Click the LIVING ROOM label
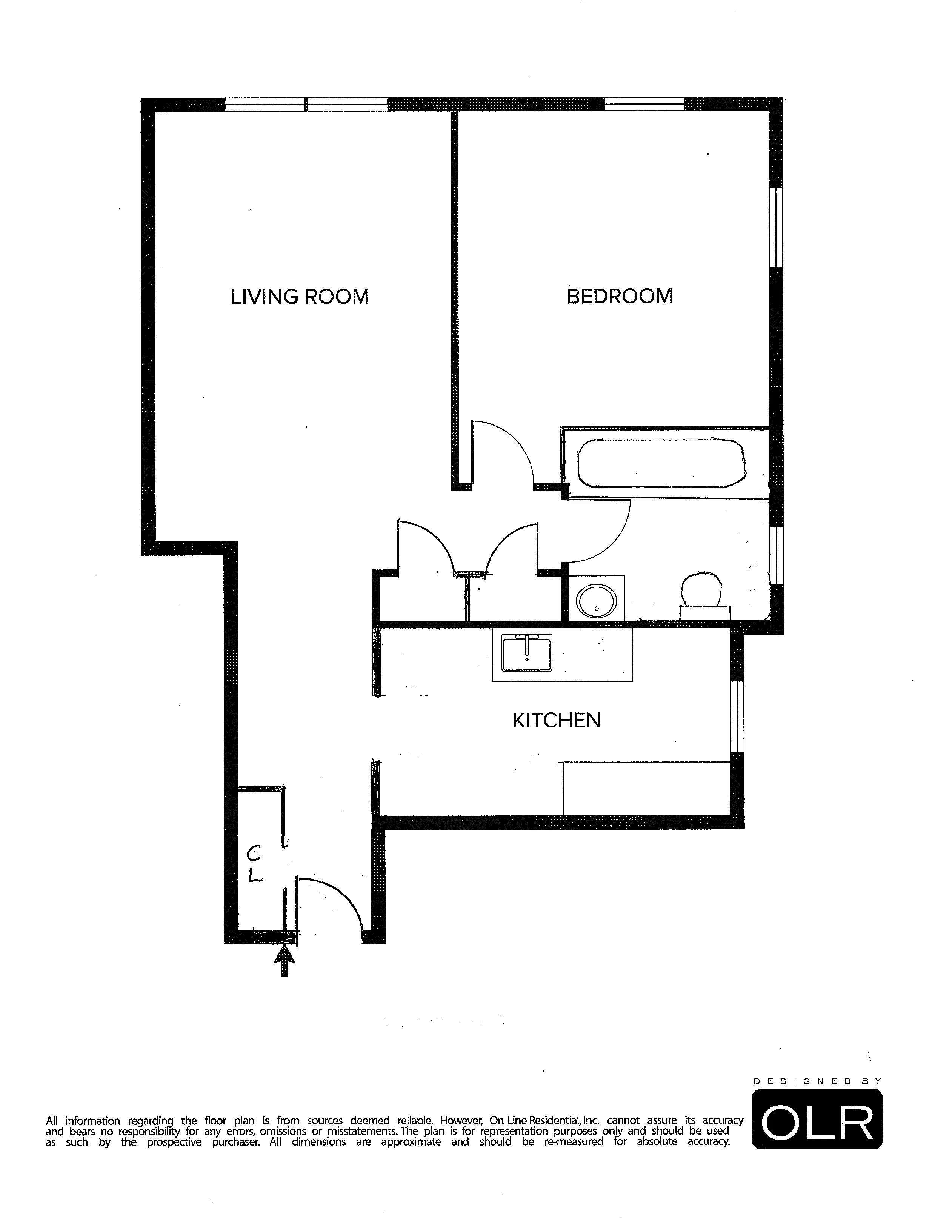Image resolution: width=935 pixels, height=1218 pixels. point(300,297)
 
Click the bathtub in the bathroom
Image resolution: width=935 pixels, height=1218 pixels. point(661,462)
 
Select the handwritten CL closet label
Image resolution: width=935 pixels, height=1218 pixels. point(255,864)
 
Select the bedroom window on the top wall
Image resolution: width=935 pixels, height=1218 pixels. point(644,104)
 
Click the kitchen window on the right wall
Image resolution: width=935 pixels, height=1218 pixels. point(737,716)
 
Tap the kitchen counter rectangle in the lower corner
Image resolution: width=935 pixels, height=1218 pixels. point(647,789)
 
